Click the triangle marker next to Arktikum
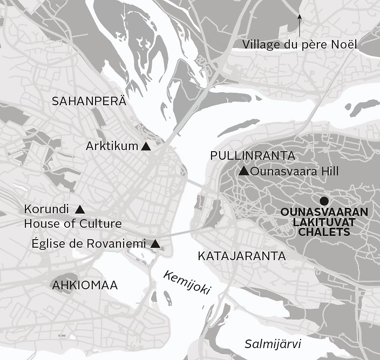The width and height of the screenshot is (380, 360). click(x=145, y=146)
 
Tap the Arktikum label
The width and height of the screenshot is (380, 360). click(x=112, y=146)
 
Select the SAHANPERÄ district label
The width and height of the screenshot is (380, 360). click(x=89, y=101)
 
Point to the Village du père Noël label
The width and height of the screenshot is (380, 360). click(x=300, y=44)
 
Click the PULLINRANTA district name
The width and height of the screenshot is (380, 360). click(x=252, y=156)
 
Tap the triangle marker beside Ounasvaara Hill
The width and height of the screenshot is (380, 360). click(x=243, y=172)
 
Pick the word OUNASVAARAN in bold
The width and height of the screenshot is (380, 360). click(x=324, y=212)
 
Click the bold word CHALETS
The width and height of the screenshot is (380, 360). click(x=324, y=233)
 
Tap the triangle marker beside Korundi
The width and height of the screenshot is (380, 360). click(x=80, y=209)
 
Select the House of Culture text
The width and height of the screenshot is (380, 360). click(x=73, y=223)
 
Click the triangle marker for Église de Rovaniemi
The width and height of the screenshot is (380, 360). click(x=155, y=244)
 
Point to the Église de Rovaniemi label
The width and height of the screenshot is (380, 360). click(x=89, y=243)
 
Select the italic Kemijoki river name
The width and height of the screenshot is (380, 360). click(x=186, y=282)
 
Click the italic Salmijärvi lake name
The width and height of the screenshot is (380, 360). click(x=272, y=344)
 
